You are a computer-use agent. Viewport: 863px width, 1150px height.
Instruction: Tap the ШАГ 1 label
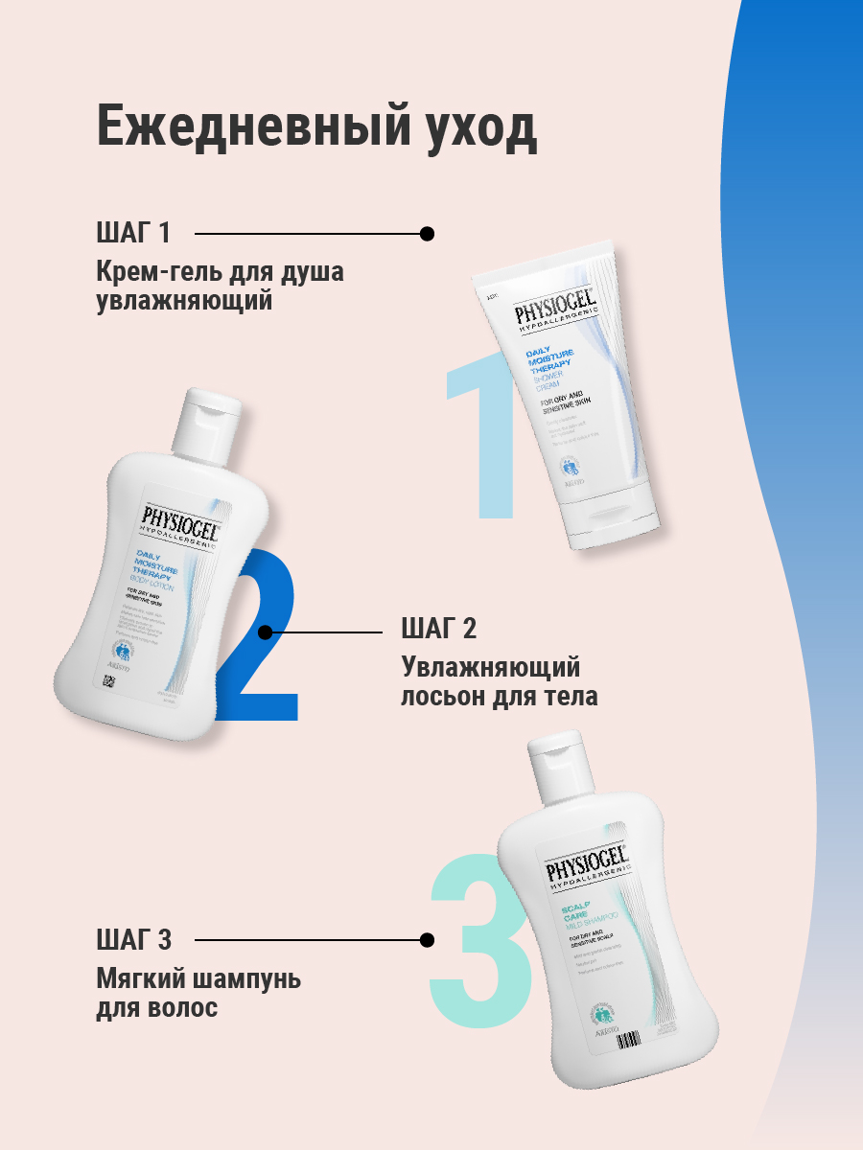[x=133, y=233]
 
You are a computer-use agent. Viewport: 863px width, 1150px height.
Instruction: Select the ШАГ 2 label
[x=438, y=630]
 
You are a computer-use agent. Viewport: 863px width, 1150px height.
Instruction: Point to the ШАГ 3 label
[x=133, y=939]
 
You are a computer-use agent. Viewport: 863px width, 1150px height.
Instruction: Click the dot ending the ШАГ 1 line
[x=428, y=233]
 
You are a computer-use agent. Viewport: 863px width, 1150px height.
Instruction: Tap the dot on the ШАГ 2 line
[x=266, y=632]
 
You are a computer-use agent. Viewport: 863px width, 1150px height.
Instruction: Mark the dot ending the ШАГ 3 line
[x=428, y=940]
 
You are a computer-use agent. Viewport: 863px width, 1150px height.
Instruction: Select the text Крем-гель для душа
[x=220, y=272]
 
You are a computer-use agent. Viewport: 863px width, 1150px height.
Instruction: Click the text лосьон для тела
[x=499, y=696]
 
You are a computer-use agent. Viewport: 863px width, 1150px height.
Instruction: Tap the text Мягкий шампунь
[x=198, y=979]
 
